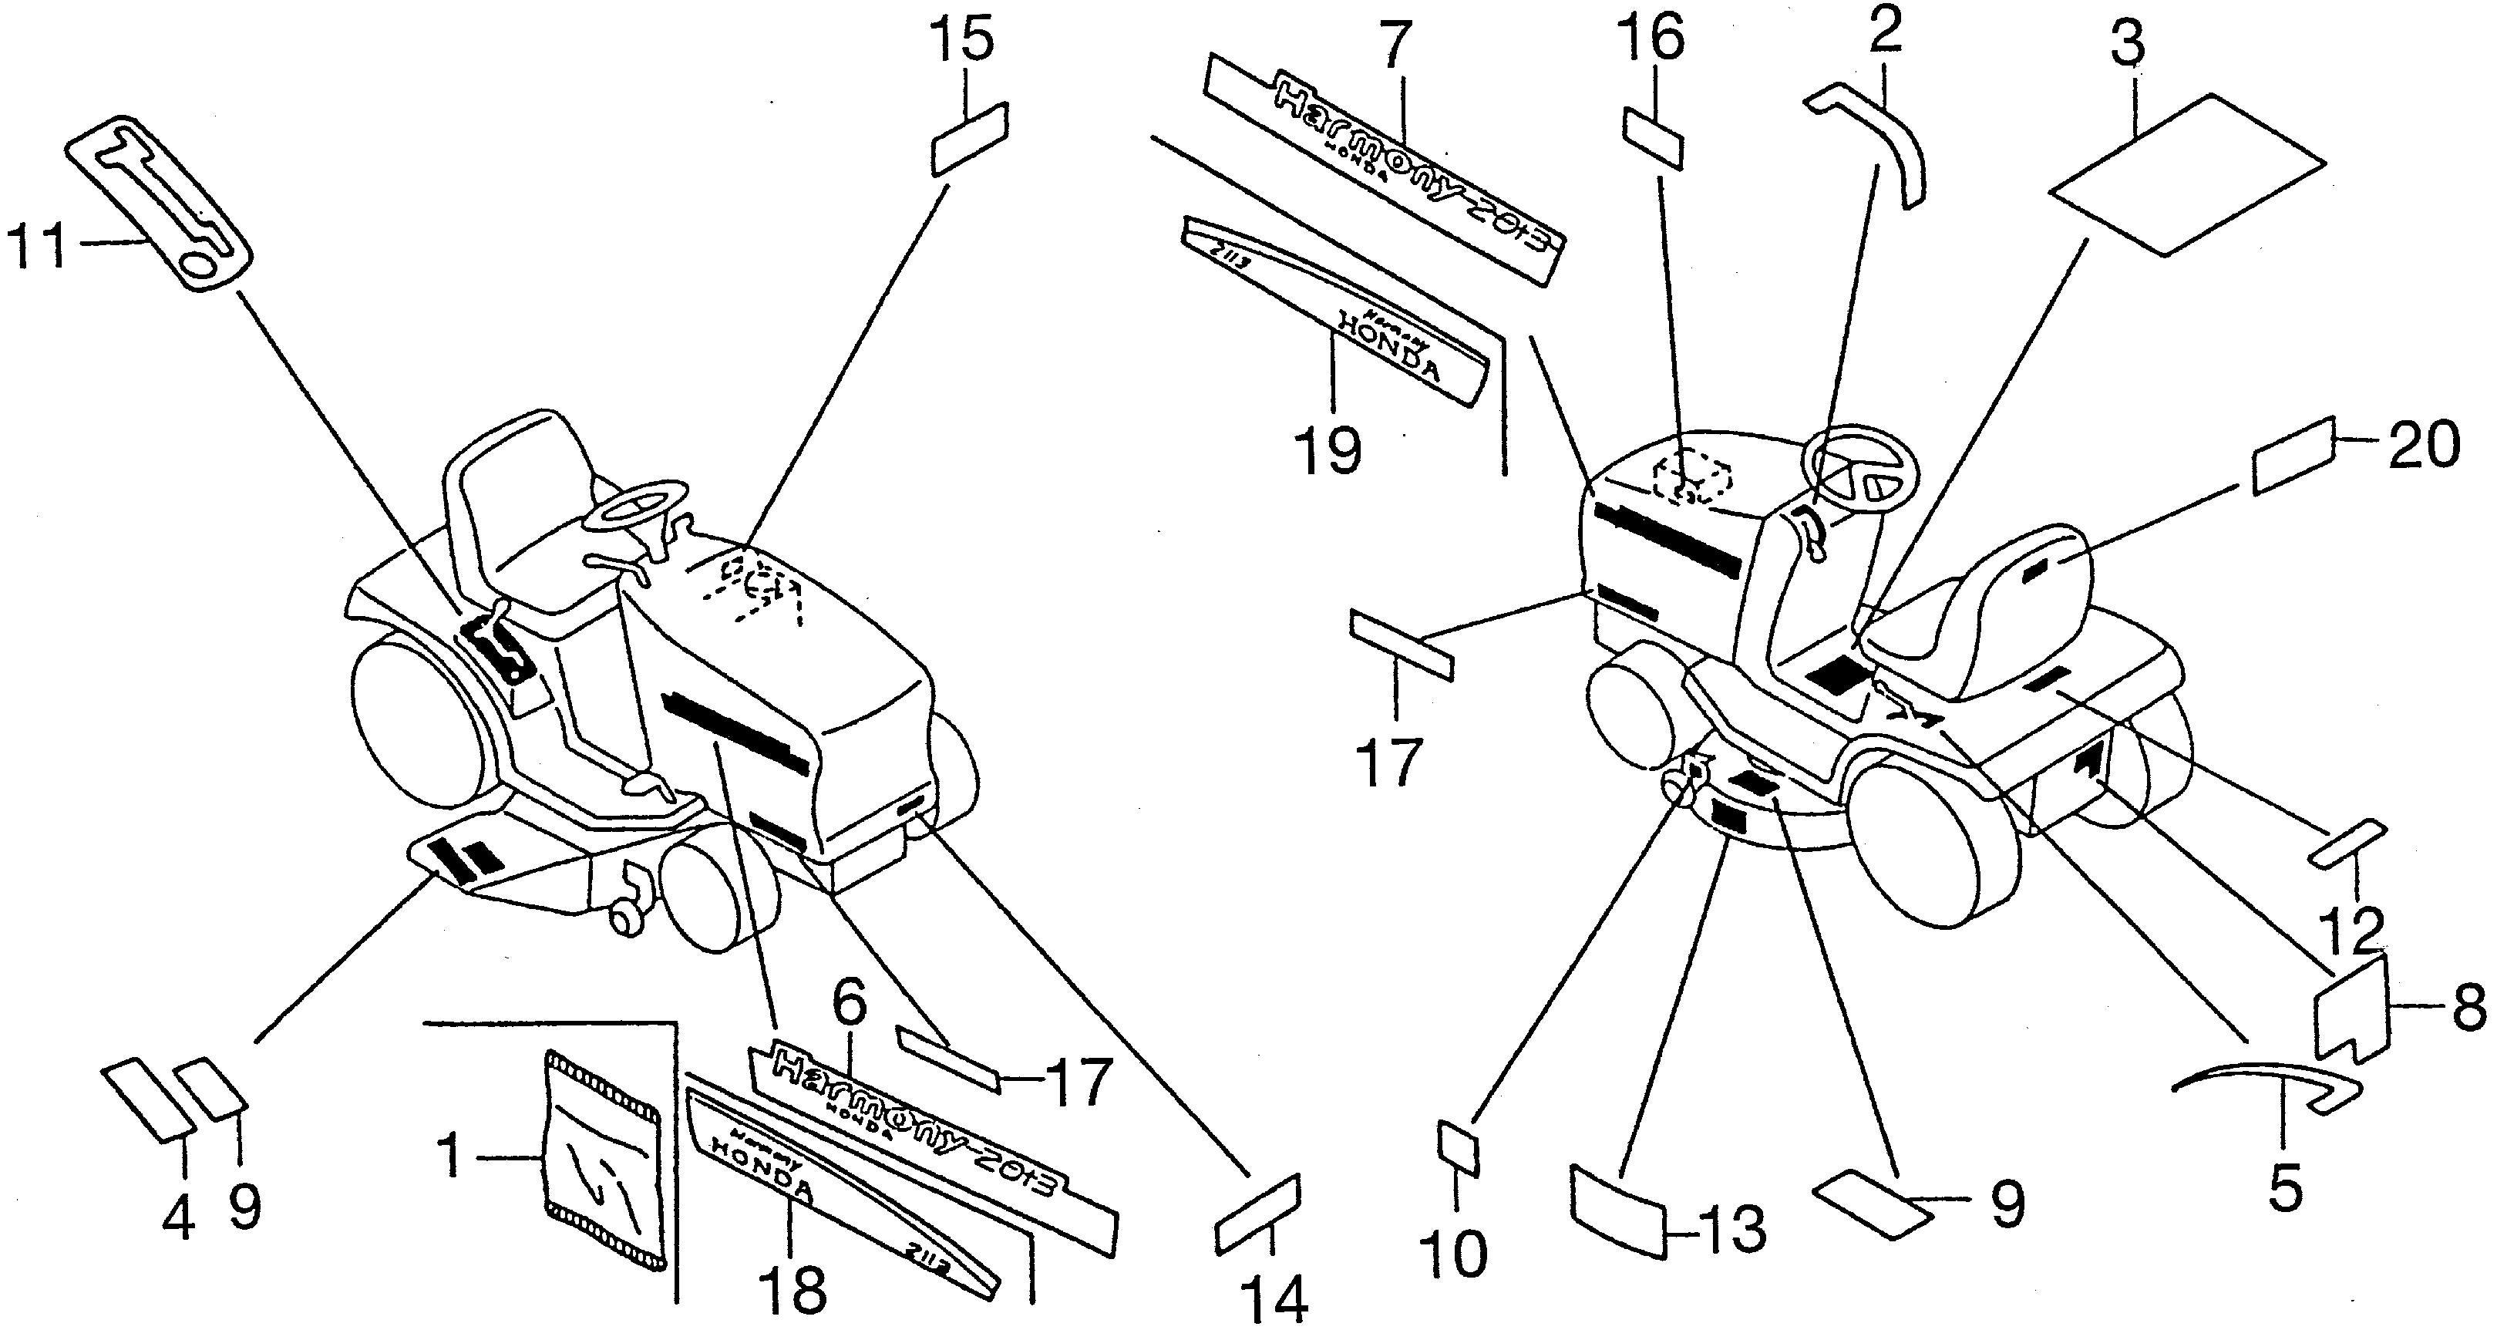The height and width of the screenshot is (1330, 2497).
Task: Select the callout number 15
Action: pos(963,44)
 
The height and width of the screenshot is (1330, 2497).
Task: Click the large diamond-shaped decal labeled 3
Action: pos(2186,174)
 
